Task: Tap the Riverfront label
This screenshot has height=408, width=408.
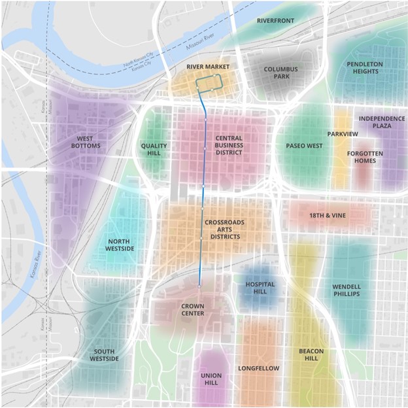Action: tap(275, 21)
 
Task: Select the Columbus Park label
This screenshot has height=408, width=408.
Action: tap(280, 73)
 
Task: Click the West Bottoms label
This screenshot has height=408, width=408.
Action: tap(88, 142)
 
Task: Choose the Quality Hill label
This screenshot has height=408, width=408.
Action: tap(154, 150)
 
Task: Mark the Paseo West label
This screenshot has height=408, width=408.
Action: tap(304, 146)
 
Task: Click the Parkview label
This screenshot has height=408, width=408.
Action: tap(343, 134)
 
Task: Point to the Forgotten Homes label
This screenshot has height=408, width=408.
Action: tap(365, 157)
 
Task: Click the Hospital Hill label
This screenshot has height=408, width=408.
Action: tap(260, 288)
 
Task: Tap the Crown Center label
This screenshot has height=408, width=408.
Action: tap(192, 310)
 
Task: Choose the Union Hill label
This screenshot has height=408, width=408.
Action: tap(211, 379)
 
